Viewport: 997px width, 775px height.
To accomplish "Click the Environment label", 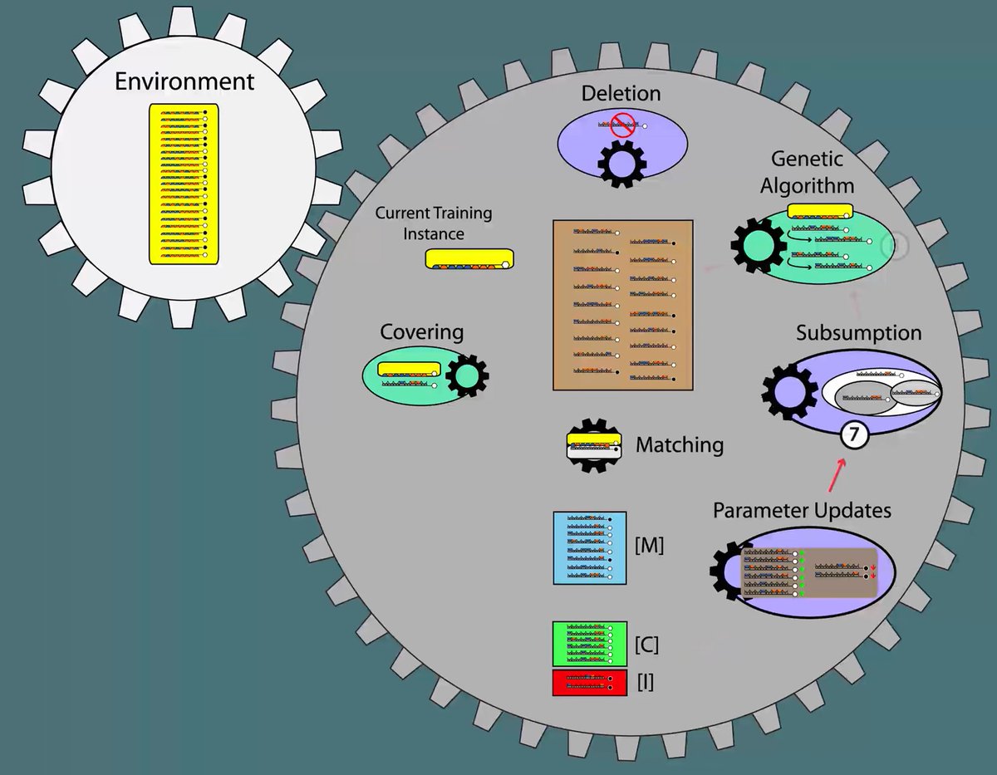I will point(184,82).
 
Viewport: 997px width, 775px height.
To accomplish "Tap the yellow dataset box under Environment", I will point(184,184).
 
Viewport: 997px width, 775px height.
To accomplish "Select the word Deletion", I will point(621,93).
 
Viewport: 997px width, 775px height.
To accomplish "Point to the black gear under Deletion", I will point(621,162).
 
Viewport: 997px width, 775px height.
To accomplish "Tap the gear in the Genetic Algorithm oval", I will point(757,247).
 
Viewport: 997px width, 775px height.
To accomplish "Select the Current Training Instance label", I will point(433,223).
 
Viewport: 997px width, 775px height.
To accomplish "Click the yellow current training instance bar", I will point(469,259).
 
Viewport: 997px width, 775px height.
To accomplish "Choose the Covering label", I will point(421,332).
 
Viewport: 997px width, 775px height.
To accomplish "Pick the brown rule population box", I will point(622,305).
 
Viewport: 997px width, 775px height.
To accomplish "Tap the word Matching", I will point(680,445).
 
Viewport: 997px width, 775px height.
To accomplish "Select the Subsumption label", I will point(858,333).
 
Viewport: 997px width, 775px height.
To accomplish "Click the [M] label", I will point(649,546).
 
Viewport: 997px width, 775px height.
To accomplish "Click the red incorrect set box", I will point(590,683).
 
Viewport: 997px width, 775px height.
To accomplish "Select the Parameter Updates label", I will point(802,510).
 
